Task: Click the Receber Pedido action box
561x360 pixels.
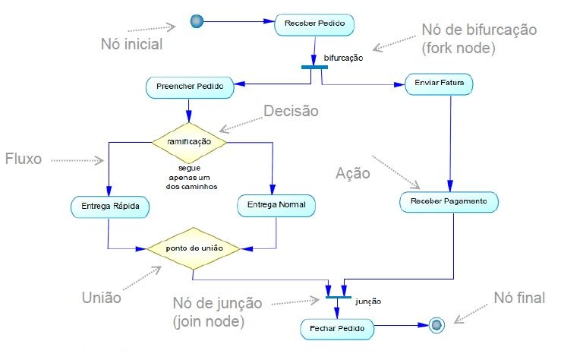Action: click(314, 24)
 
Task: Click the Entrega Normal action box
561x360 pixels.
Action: click(276, 204)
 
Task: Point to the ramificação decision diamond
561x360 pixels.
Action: click(190, 141)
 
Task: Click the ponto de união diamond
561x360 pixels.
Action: click(193, 248)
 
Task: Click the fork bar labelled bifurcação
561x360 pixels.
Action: click(314, 67)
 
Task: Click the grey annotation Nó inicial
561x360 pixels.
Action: click(131, 43)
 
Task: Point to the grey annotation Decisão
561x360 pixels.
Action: click(291, 111)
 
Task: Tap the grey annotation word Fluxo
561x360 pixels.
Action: click(24, 159)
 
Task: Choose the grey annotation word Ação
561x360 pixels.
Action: click(353, 173)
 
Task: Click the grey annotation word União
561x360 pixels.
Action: click(101, 298)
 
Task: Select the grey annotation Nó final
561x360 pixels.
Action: click(519, 298)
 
